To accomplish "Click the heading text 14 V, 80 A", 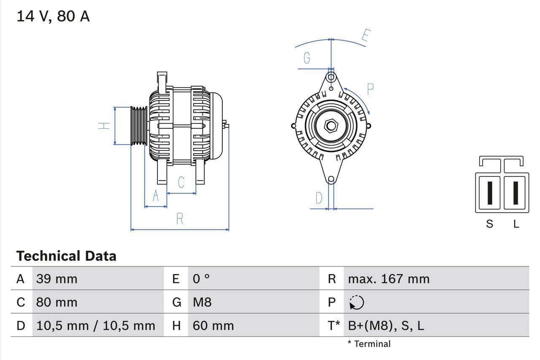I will pyautogui.click(x=53, y=16).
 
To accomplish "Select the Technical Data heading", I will pyautogui.click(x=66, y=256).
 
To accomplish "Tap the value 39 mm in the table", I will pyautogui.click(x=57, y=279).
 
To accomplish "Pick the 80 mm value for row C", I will pyautogui.click(x=57, y=302).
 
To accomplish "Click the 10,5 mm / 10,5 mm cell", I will pyautogui.click(x=96, y=325).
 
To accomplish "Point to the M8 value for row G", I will pyautogui.click(x=202, y=302).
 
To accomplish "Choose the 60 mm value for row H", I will pyautogui.click(x=213, y=325).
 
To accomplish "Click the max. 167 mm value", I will pyautogui.click(x=389, y=279).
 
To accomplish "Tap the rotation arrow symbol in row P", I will pyautogui.click(x=356, y=302).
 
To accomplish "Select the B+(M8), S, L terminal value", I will pyautogui.click(x=386, y=325).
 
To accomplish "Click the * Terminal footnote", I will pyautogui.click(x=369, y=344).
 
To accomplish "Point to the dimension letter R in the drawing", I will pyautogui.click(x=180, y=219).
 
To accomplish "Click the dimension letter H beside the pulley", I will pyautogui.click(x=104, y=125).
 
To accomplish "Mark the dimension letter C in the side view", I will pyautogui.click(x=181, y=182).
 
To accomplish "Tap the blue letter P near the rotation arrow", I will pyautogui.click(x=370, y=89).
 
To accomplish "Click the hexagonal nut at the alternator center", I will pyautogui.click(x=331, y=125).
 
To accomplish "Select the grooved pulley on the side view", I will pyautogui.click(x=138, y=126).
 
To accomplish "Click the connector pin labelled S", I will pyautogui.click(x=490, y=193).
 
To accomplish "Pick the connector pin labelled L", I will pyautogui.click(x=516, y=193).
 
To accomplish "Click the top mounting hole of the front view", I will pyautogui.click(x=331, y=77).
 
